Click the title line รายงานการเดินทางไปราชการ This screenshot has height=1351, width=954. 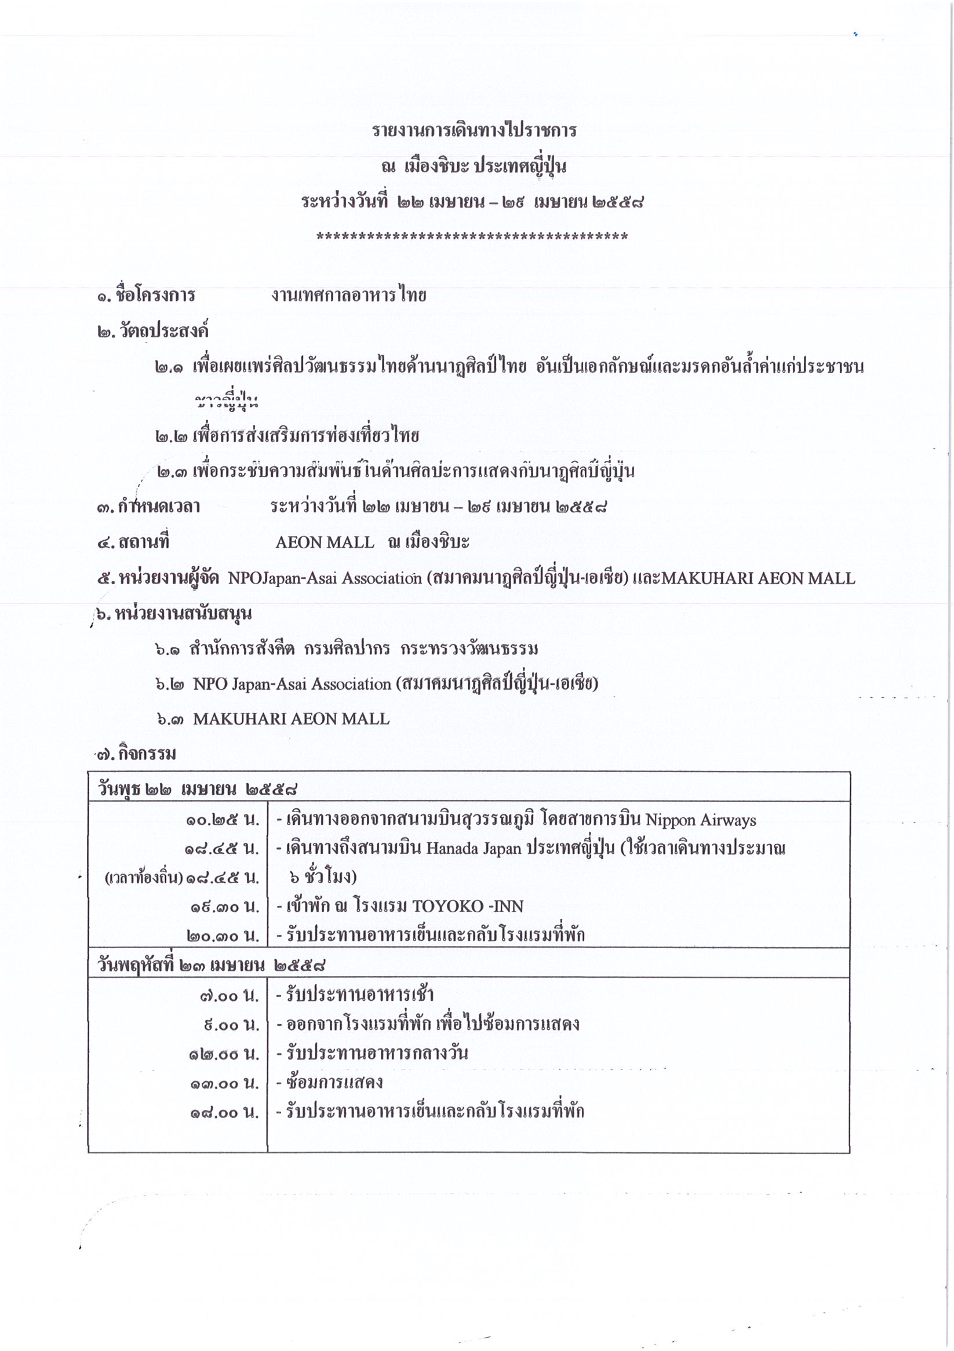474,130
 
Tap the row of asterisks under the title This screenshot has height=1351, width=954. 472,237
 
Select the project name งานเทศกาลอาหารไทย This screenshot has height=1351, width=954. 348,295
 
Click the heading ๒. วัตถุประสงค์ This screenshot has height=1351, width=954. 153,331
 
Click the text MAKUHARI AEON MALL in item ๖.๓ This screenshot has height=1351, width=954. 291,719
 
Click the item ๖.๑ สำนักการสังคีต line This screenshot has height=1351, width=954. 347,649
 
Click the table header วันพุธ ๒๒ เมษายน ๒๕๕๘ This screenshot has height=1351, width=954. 196,789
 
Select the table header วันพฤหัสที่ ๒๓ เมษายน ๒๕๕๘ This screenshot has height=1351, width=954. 212,965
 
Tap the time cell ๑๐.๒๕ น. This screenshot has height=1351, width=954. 223,820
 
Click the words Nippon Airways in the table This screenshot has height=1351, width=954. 700,820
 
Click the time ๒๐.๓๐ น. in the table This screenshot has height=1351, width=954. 223,935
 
